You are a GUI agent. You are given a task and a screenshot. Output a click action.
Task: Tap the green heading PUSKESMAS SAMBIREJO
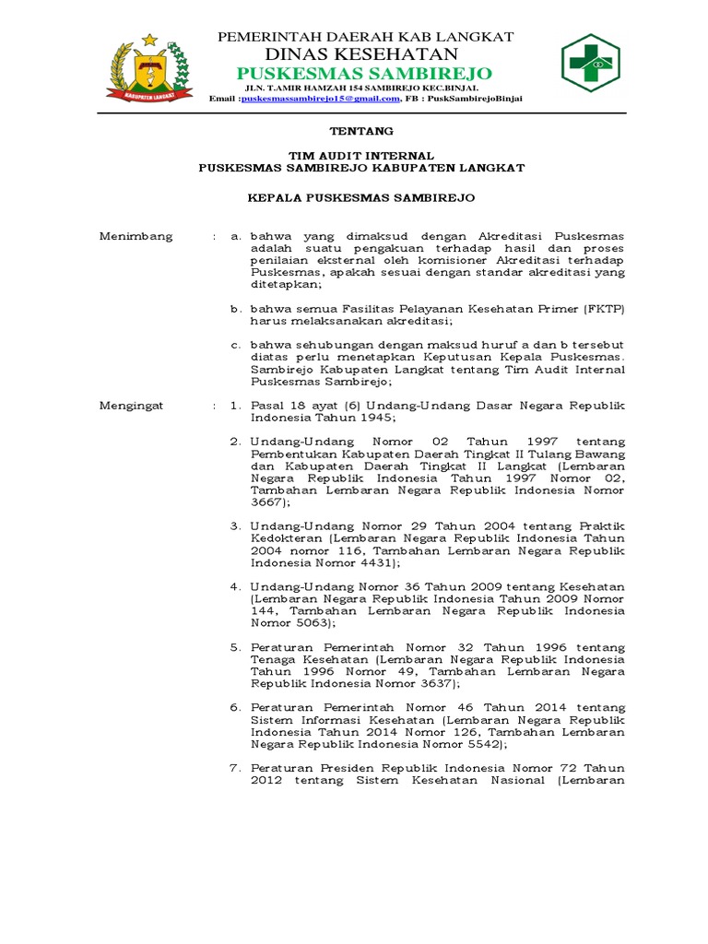(364, 73)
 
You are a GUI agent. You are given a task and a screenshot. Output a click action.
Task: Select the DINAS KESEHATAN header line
(364, 54)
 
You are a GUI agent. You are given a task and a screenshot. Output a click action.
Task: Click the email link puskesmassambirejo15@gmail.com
(320, 98)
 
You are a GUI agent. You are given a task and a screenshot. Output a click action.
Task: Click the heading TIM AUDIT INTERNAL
(361, 156)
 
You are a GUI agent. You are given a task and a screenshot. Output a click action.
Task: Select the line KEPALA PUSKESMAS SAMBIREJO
(361, 197)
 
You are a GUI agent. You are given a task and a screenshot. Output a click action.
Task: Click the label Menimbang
(136, 236)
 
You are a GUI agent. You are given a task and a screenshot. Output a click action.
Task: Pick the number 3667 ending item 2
(265, 502)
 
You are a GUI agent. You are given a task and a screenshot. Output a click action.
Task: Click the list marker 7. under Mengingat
(235, 768)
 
